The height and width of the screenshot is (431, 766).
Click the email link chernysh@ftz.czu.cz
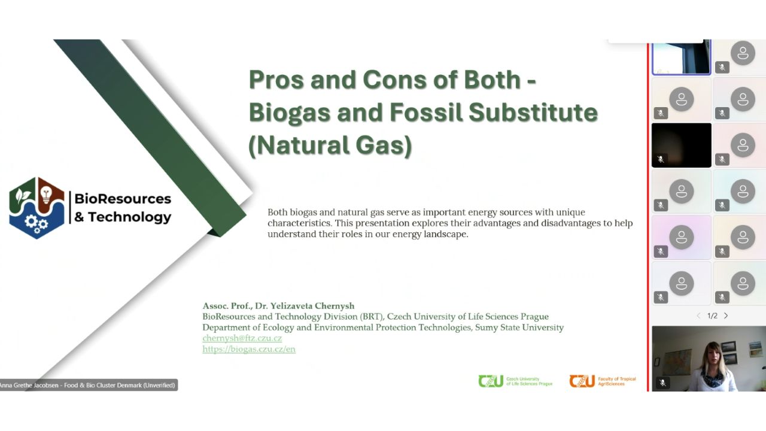coord(242,338)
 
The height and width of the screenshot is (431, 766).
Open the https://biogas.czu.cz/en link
coord(249,349)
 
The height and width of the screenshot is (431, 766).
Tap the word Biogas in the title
coord(289,113)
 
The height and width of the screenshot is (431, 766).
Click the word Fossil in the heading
coord(425,112)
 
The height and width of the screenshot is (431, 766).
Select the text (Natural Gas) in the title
coord(330,145)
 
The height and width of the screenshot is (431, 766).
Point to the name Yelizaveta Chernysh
coord(312,305)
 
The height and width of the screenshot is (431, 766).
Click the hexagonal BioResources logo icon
coord(37,208)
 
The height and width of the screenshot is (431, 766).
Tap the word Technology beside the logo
coord(130,217)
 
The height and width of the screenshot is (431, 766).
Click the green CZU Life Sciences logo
coord(515,381)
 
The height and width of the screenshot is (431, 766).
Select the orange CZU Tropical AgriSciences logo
coord(603,381)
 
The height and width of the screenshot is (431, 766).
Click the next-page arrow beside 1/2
coord(726,315)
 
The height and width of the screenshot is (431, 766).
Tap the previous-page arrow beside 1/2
coord(698,315)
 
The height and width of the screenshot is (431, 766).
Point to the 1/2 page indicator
coord(712,315)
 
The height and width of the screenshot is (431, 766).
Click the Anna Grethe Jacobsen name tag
coord(88,385)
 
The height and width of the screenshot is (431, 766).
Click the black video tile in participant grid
coord(681,145)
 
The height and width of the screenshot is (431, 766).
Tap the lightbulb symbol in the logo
coord(46,194)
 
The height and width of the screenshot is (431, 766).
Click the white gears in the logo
coord(37,223)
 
